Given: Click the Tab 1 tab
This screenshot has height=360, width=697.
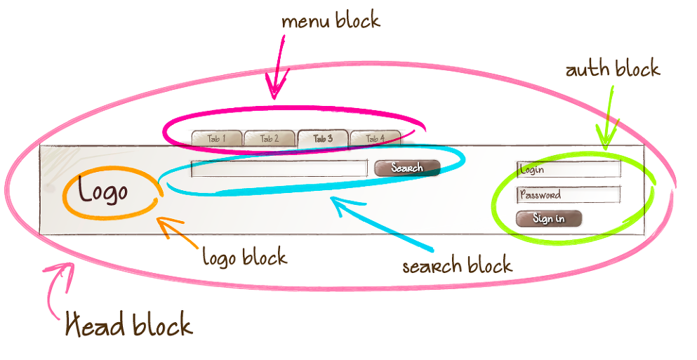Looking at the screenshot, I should point(217,138).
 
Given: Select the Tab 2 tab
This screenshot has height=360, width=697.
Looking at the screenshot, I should point(270,138).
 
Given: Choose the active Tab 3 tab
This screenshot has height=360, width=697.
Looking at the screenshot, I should point(323,138).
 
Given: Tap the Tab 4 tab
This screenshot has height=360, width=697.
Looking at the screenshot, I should point(375,138).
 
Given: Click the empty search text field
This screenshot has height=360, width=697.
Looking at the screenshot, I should point(279,168).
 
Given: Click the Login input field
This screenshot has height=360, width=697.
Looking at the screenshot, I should point(569,169).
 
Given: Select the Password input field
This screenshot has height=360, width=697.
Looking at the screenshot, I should point(569,194).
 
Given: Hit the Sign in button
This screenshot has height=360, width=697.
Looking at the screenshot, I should point(549,218).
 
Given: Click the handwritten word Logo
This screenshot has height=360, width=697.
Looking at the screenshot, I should point(102,191).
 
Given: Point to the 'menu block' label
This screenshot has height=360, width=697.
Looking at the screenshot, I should point(331,21).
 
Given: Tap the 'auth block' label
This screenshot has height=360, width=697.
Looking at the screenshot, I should point(613,69).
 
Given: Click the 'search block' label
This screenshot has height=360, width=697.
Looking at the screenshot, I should point(457,266).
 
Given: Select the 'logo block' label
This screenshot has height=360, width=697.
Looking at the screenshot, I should point(244,257).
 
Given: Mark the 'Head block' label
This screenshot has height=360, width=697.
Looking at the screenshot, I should point(128,324).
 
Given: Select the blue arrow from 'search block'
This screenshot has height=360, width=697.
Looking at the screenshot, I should point(379,224).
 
